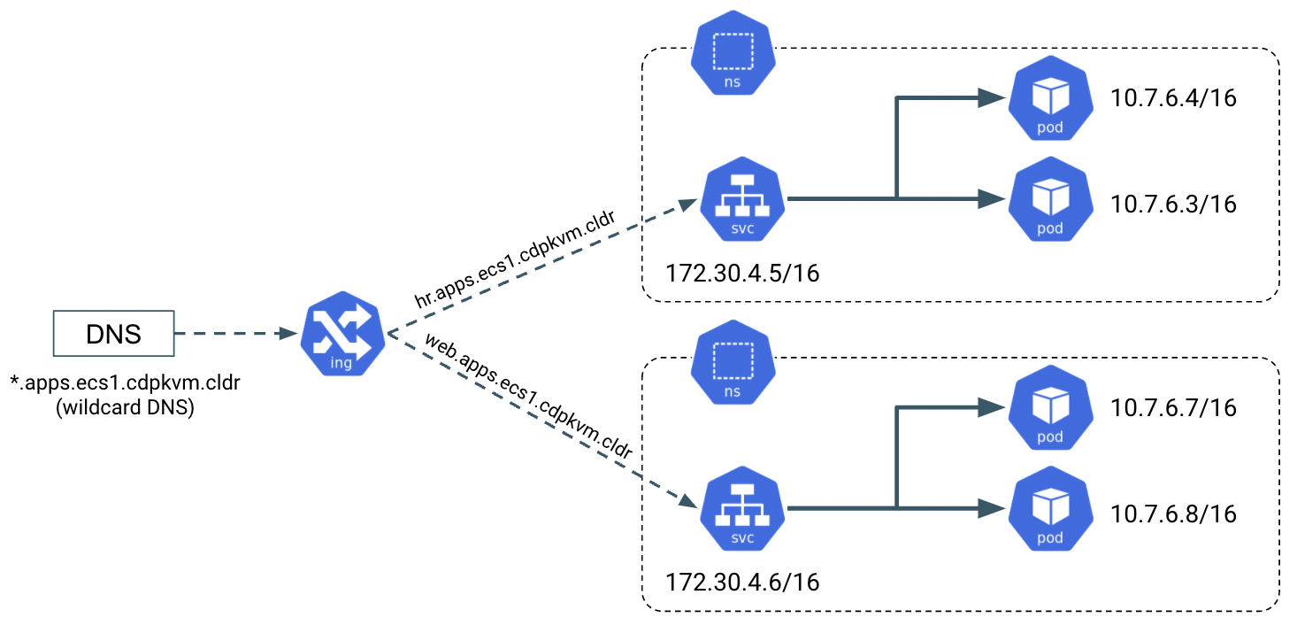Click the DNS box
(x=113, y=335)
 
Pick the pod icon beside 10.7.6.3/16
(x=1049, y=200)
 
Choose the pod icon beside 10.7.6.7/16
(x=1049, y=409)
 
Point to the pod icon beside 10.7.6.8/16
(x=1049, y=511)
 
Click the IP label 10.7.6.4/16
(x=1173, y=97)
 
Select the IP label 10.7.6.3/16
(x=1173, y=204)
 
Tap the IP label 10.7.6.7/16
(x=1173, y=408)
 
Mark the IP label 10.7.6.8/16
(x=1173, y=514)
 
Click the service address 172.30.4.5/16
(x=743, y=271)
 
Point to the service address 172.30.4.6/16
(x=743, y=582)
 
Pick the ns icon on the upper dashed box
(x=733, y=54)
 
